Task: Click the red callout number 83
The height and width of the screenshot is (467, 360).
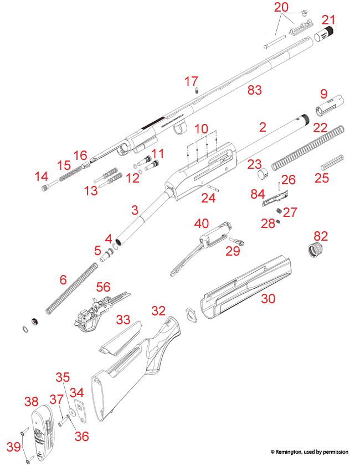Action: coord(254,90)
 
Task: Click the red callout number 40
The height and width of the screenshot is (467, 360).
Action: coord(201,223)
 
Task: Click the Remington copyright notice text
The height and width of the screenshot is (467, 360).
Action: coord(309,452)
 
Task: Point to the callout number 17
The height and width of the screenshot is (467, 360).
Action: coord(192,81)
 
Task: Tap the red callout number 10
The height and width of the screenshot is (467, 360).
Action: coord(201,128)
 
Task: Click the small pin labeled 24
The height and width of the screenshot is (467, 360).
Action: coord(215,186)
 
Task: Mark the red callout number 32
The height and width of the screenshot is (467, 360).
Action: coord(158,310)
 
